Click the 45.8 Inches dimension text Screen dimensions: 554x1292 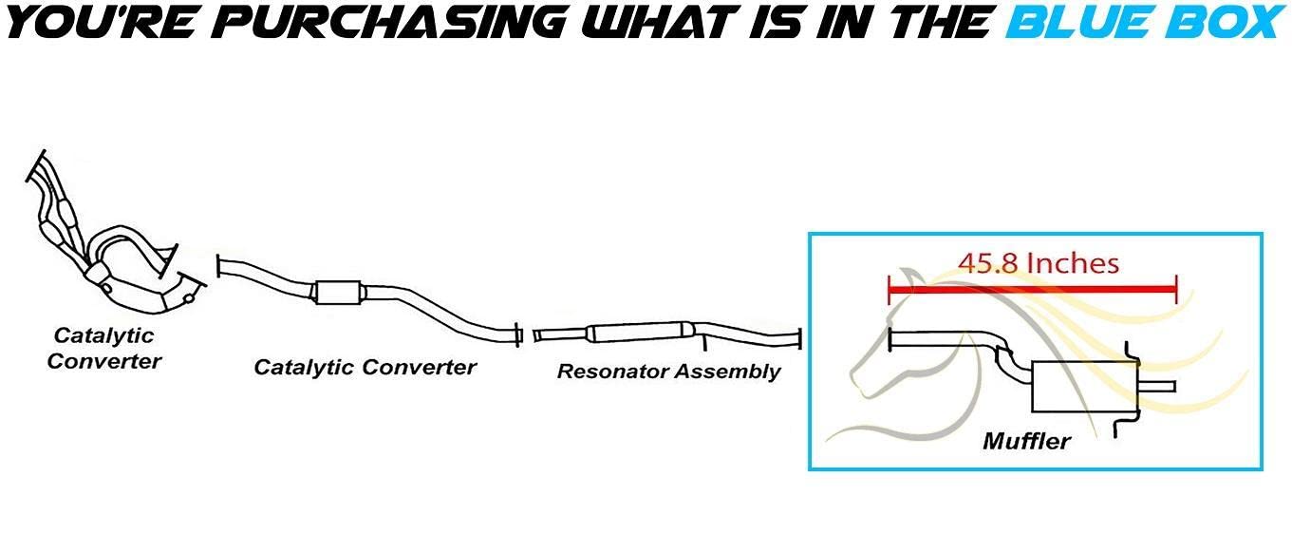[x=1038, y=262]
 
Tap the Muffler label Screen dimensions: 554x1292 [x=1026, y=441]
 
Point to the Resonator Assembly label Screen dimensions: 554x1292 [x=668, y=372]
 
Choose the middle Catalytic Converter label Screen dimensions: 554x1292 [x=365, y=367]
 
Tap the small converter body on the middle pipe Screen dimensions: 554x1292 [x=339, y=294]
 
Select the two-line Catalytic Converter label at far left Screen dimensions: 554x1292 [x=104, y=348]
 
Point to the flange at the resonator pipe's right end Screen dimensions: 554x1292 [x=801, y=338]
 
